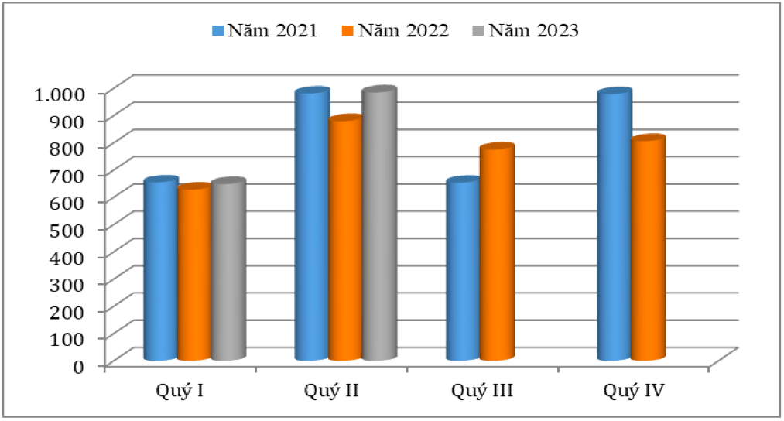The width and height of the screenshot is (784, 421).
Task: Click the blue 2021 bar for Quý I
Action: tap(160, 271)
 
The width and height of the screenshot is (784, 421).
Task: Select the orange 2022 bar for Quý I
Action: tap(194, 274)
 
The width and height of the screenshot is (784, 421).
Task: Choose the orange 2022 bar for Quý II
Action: tap(345, 240)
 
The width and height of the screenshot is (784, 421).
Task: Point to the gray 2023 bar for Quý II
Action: tap(379, 225)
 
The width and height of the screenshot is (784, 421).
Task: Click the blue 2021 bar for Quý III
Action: tap(463, 271)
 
